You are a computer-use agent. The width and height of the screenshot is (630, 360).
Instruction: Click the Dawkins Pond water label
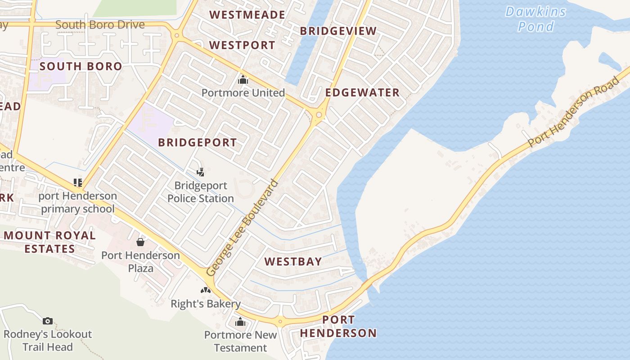535,19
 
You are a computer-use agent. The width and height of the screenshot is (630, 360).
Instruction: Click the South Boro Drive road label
100,24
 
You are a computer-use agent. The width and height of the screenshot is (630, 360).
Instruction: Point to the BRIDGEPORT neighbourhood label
197,143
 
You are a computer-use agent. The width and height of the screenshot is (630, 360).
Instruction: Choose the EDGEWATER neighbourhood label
362,93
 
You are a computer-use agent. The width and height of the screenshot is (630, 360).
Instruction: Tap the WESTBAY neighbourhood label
293,261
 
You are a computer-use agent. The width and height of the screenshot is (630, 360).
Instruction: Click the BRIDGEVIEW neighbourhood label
338,31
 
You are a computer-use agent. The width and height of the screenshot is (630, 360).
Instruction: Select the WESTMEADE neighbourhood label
247,15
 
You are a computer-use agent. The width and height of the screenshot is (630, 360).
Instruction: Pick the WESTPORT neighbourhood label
242,45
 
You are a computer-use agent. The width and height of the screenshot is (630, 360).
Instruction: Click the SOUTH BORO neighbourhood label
81,67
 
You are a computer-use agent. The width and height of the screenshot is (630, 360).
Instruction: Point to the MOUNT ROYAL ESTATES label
49,242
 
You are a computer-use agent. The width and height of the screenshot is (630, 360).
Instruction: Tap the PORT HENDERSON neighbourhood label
338,326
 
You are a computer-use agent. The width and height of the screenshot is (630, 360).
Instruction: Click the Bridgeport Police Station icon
201,171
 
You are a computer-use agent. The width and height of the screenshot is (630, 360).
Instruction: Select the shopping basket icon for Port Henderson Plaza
140,242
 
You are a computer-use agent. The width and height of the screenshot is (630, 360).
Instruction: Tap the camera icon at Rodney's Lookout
47,321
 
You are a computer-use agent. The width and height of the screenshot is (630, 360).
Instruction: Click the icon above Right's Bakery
206,291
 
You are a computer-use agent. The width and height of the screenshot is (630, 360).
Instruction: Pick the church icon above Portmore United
243,80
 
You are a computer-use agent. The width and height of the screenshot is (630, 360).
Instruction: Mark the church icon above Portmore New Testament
240,322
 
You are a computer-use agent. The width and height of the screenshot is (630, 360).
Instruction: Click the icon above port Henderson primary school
78,182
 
